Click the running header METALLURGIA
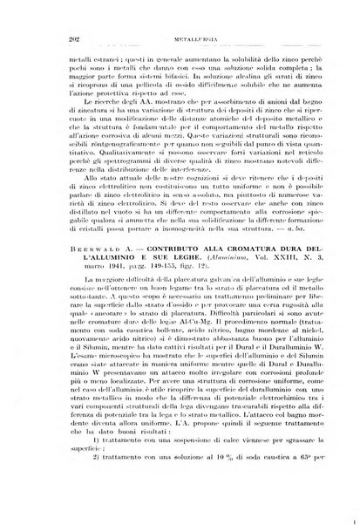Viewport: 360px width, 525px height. [180, 14]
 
